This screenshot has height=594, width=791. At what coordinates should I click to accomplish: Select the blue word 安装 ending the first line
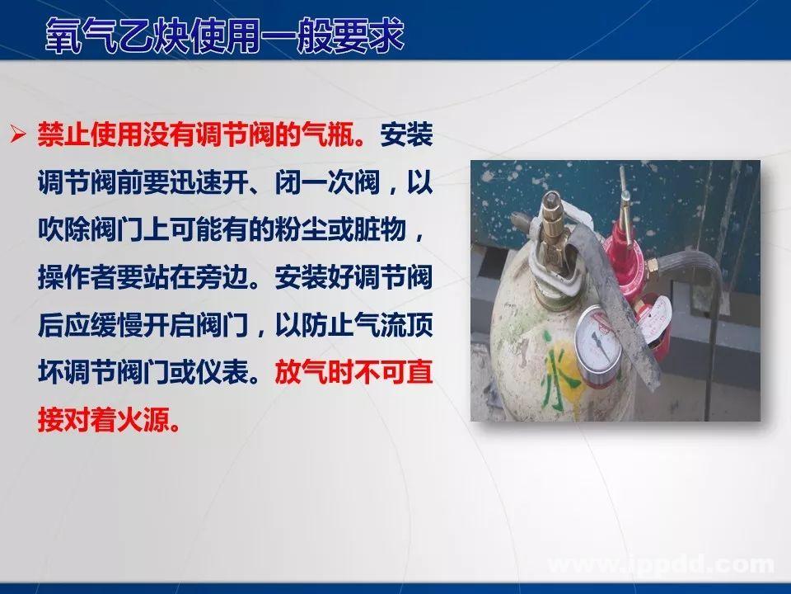[x=407, y=134]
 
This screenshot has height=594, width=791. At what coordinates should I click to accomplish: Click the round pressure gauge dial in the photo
[x=603, y=342]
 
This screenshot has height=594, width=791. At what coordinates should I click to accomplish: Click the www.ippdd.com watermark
[x=660, y=564]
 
